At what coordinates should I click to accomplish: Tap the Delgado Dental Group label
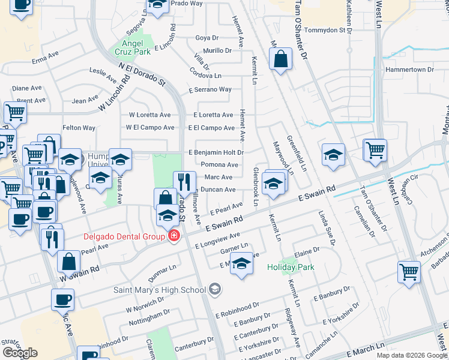pyautogui.click(x=124, y=236)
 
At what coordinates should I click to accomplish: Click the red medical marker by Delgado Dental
pyautogui.click(x=174, y=236)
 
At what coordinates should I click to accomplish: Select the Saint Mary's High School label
pyautogui.click(x=160, y=290)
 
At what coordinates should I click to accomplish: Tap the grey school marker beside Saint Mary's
pyautogui.click(x=214, y=290)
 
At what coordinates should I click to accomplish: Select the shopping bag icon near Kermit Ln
pyautogui.click(x=280, y=59)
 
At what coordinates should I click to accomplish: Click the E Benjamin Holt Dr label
pyautogui.click(x=215, y=152)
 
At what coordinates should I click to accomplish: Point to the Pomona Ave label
pyautogui.click(x=220, y=164)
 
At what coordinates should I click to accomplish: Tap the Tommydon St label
pyautogui.click(x=327, y=29)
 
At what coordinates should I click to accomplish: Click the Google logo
pyautogui.click(x=20, y=353)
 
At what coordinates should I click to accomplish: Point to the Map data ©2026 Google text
pyautogui.click(x=411, y=355)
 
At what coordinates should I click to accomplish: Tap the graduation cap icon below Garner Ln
pyautogui.click(x=241, y=264)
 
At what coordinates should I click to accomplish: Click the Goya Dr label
pyautogui.click(x=207, y=38)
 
